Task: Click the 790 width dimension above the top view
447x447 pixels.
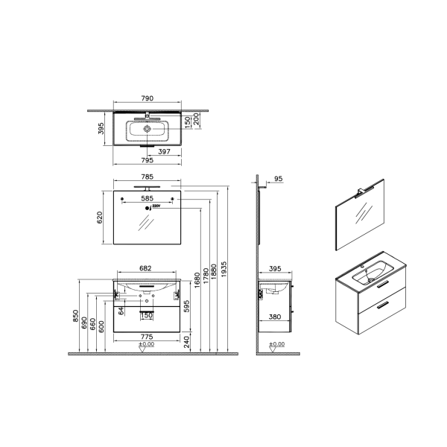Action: click(x=148, y=98)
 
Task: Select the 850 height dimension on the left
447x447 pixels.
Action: click(x=75, y=316)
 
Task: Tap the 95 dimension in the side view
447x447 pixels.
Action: click(x=279, y=179)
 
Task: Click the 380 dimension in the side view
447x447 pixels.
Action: click(x=275, y=316)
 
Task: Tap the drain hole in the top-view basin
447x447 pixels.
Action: click(x=148, y=129)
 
